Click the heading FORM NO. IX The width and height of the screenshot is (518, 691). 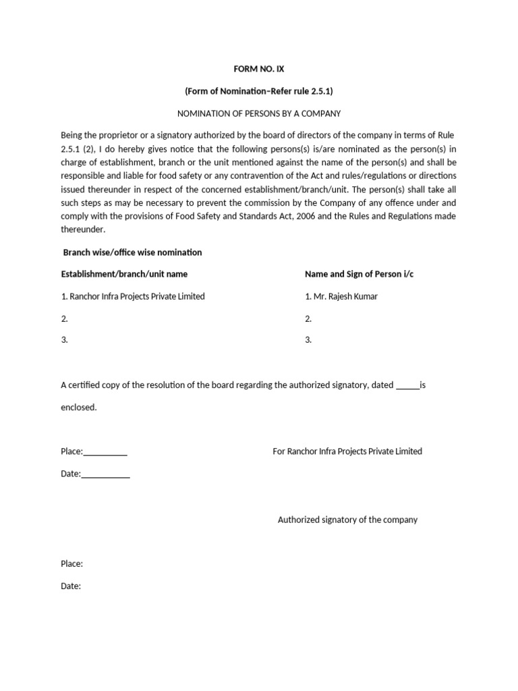259,69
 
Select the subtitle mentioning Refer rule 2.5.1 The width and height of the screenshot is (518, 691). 259,91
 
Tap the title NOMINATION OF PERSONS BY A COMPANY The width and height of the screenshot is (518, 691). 259,113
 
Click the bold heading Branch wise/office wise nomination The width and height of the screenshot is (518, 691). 132,252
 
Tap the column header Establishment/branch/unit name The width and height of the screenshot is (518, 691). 124,274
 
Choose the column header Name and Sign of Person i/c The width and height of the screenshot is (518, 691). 363,274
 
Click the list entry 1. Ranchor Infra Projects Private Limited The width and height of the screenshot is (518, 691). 133,296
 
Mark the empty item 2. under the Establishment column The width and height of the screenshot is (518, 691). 65,318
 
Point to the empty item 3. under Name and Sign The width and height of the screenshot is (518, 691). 308,340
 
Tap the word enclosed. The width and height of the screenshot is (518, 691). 78,408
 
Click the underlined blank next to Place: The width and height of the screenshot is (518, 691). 105,453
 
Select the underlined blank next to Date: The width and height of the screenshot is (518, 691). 106,475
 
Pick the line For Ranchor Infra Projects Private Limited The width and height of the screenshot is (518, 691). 347,451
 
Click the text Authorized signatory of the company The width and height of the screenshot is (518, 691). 347,520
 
